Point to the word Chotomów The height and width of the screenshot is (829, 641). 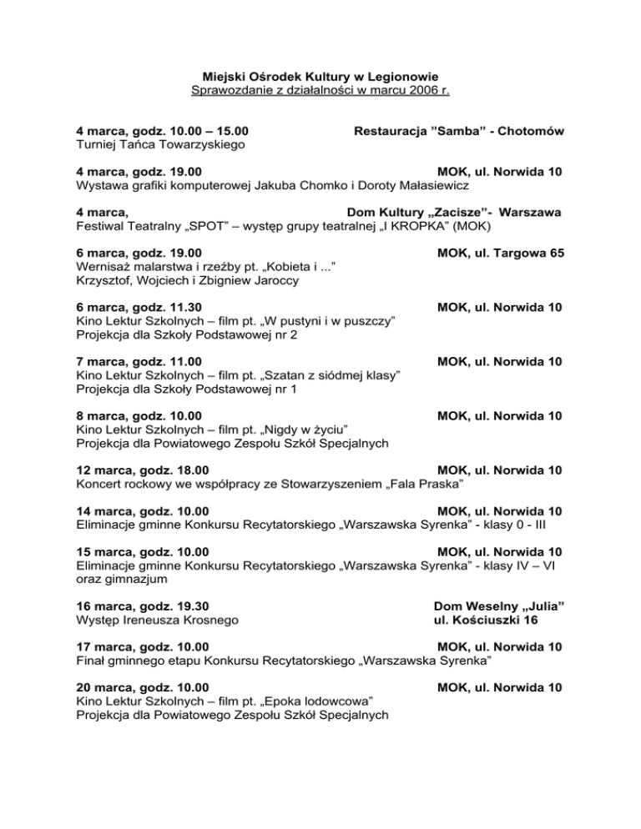(532, 132)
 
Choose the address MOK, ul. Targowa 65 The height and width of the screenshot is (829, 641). (498, 254)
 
